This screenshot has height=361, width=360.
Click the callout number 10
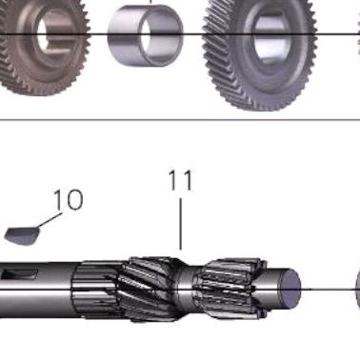click(x=69, y=199)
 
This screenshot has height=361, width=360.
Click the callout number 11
click(x=181, y=180)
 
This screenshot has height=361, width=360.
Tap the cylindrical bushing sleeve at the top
click(x=145, y=35)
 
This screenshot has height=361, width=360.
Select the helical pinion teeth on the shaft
click(x=150, y=288)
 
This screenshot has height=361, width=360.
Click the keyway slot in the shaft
click(x=20, y=273)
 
